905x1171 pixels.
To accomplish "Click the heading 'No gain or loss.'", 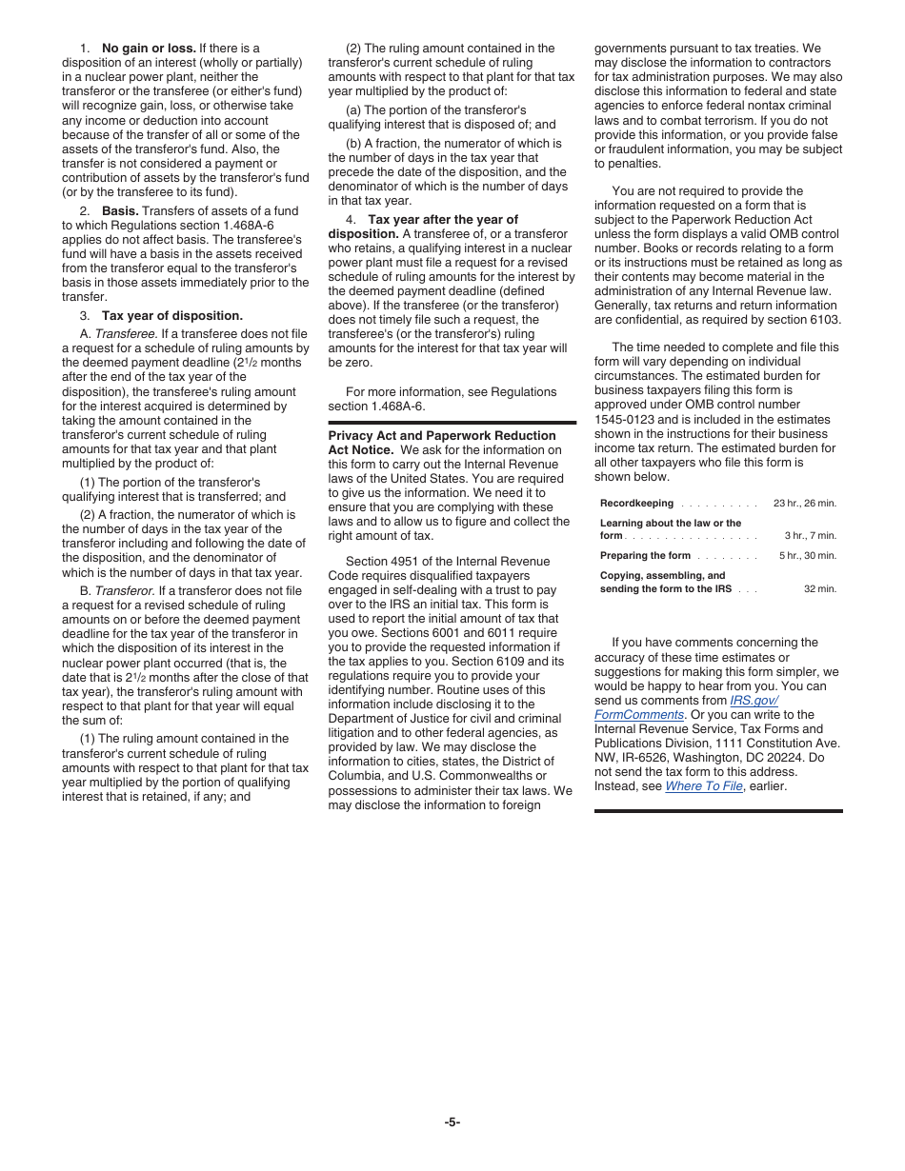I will pos(149,49).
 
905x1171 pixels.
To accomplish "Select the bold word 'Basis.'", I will pos(120,211).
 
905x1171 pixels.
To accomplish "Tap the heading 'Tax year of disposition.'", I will pos(172,316).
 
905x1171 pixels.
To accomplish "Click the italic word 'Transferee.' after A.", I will pos(126,334).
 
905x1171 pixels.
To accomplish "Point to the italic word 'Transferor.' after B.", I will pos(125,591).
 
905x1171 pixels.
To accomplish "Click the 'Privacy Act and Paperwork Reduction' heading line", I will pos(442,436).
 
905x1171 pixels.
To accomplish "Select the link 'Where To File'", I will pos(703,786).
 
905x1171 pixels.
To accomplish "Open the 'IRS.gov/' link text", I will pos(754,701).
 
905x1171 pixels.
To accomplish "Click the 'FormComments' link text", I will pos(639,715).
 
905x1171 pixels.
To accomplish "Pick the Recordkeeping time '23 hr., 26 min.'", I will pos(804,504).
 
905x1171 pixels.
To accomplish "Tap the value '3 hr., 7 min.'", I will pos(810,536).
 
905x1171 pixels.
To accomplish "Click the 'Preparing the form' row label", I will pos(645,556).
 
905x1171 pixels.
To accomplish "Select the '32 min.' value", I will pos(819,589).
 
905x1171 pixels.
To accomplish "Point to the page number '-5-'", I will pos(452,1122).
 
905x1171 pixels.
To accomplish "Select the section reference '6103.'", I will pos(824,320).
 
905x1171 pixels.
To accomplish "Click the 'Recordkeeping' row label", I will pos(636,504).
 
